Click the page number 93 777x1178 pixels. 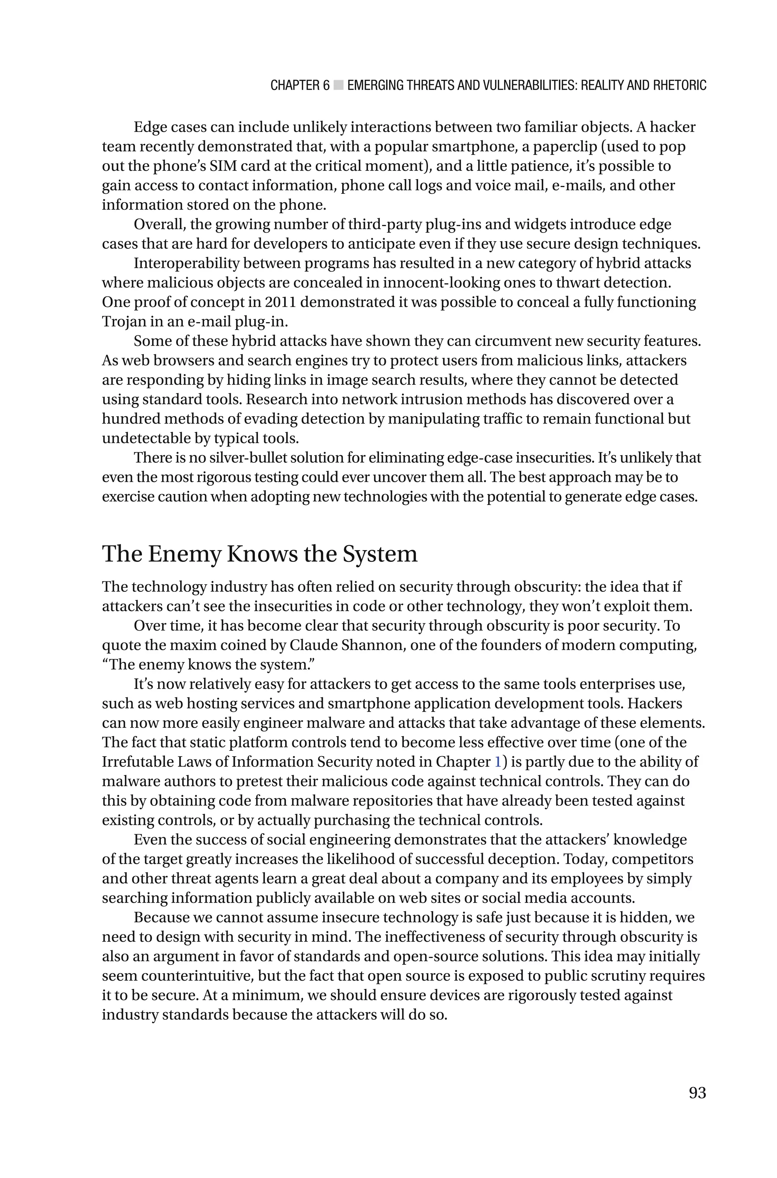pyautogui.click(x=697, y=1093)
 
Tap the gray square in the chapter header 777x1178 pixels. pyautogui.click(x=338, y=85)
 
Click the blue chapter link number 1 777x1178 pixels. pyautogui.click(x=498, y=762)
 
